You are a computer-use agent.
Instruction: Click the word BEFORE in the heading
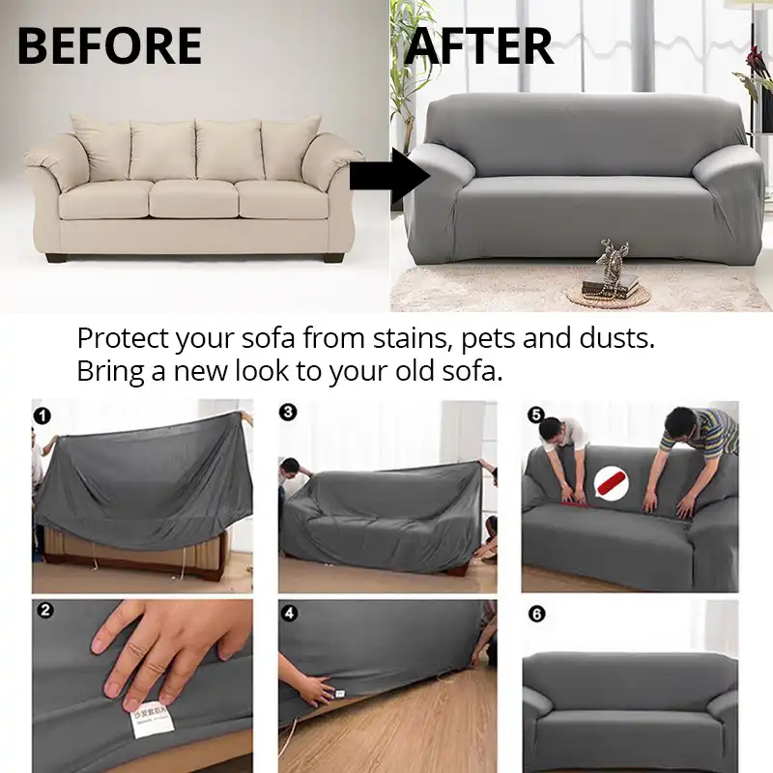pos(109,46)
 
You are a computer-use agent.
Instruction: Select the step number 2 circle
pos(43,612)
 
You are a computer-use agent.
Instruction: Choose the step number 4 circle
pos(288,612)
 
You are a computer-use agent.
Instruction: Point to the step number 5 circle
pos(534,415)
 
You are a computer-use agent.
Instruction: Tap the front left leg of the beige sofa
pos(56,258)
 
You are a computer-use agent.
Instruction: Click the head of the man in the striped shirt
pos(682,423)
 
